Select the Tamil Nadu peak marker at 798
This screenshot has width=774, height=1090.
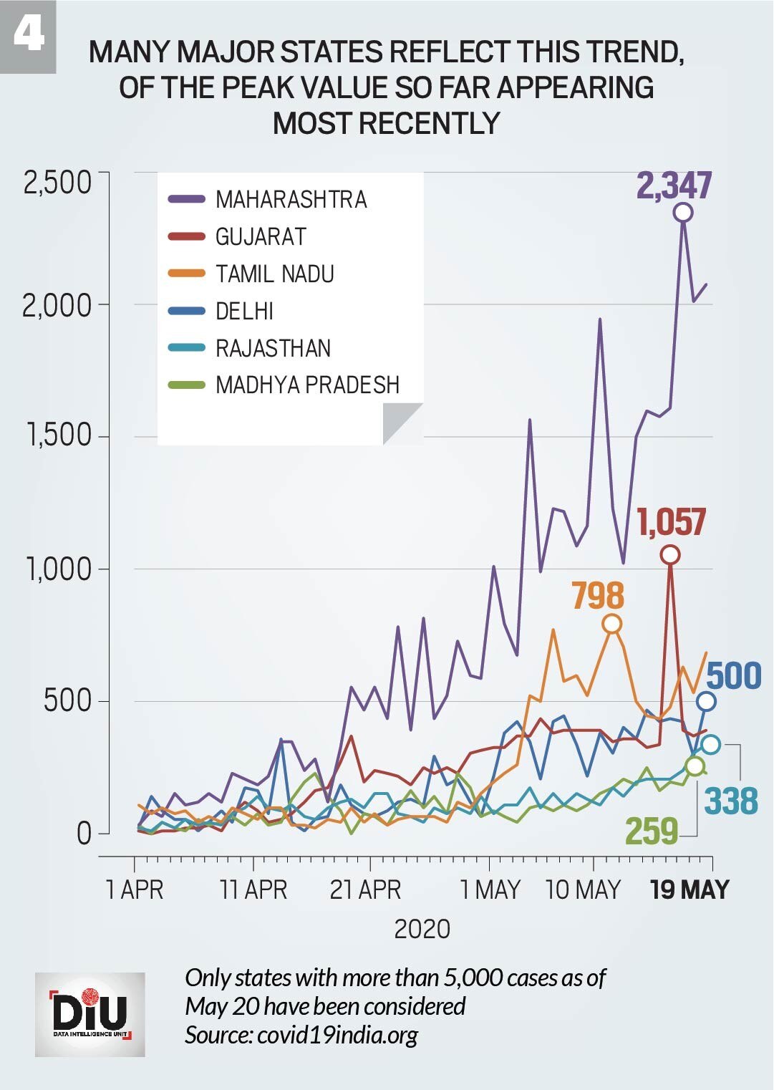[x=611, y=624]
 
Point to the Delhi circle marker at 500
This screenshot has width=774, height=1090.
[x=706, y=701]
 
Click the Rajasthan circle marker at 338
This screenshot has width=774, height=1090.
[x=710, y=744]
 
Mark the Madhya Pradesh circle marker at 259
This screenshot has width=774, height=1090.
[x=695, y=766]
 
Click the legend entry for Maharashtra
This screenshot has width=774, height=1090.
[x=291, y=199]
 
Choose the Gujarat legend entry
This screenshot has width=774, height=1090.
[x=261, y=236]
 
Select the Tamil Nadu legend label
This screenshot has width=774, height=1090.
[x=275, y=274]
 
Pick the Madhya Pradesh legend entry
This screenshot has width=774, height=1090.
[x=307, y=385]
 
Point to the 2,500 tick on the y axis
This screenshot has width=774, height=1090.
[x=57, y=182]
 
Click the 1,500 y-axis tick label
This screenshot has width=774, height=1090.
[x=59, y=435]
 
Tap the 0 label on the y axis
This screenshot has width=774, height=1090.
[x=84, y=833]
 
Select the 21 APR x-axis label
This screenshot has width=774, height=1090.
[x=365, y=889]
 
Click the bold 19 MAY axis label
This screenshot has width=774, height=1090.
[x=690, y=889]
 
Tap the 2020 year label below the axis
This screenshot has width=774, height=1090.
[x=422, y=929]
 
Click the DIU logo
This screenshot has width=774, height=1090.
[x=90, y=1014]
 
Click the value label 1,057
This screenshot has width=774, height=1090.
[x=672, y=521]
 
